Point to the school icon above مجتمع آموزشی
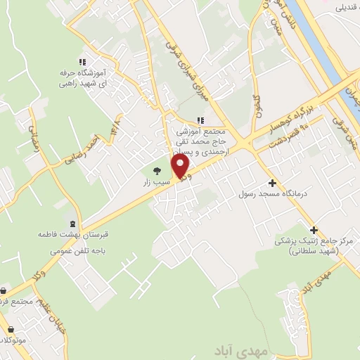click(x=200, y=120)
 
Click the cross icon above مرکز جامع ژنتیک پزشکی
click(x=314, y=229)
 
